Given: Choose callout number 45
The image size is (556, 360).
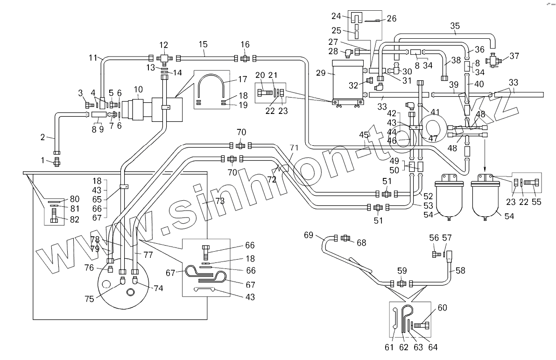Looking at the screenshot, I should [x=364, y=135].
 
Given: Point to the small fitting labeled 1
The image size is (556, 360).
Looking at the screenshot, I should [x=57, y=161].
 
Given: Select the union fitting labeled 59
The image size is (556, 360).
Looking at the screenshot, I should [x=401, y=283].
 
